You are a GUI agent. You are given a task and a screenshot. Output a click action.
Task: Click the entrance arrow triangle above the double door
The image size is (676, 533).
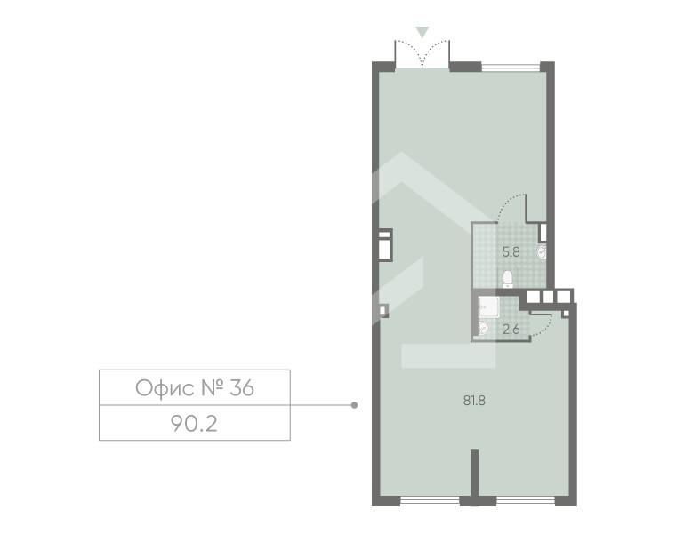[422, 32]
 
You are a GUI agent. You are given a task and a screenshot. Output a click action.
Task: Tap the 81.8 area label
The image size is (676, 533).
[474, 401]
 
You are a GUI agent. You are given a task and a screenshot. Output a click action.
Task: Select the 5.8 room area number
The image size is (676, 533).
[511, 252]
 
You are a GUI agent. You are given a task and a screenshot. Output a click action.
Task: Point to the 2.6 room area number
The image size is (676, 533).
[511, 330]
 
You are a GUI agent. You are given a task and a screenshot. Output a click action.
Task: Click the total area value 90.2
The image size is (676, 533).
[194, 424]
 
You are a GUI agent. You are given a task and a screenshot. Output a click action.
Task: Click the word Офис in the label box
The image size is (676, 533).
[165, 388]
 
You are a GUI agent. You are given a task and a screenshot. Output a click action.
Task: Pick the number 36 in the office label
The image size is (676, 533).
[242, 388]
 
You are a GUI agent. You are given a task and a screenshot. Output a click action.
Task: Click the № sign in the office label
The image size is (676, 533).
[212, 388]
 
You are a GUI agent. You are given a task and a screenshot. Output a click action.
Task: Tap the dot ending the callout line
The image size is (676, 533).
[354, 405]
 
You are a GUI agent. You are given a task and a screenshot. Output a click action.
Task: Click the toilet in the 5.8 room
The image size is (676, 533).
[508, 279]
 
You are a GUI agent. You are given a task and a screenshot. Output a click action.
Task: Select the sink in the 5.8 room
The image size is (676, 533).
[541, 252]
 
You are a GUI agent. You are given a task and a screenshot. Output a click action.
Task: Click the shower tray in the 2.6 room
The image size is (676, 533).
[488, 307]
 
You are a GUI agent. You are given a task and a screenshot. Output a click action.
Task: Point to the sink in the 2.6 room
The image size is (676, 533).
[483, 328]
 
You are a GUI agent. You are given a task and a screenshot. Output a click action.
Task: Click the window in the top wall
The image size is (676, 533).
[511, 68]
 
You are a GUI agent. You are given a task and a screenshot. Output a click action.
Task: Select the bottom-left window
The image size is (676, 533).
[430, 501]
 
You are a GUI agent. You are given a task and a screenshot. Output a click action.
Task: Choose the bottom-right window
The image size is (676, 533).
[526, 501]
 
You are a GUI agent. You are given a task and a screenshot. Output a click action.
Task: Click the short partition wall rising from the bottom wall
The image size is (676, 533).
[474, 473]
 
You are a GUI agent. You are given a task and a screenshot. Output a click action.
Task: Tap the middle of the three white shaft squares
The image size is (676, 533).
[548, 296]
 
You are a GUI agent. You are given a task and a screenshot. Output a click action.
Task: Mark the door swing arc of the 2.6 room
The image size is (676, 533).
[543, 326]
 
